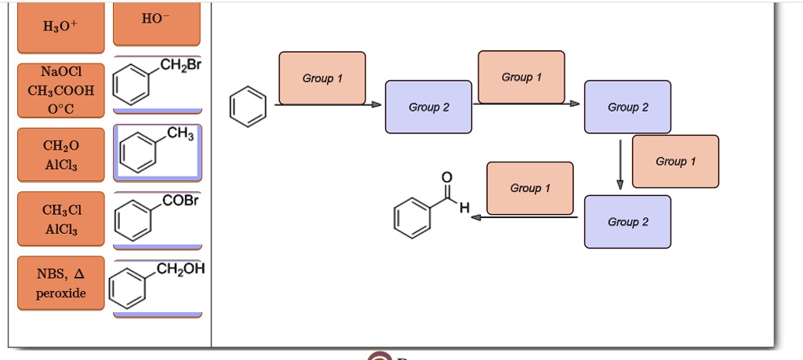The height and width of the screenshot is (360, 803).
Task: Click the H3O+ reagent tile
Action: tap(60, 29)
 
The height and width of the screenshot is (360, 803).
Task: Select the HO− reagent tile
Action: tap(157, 22)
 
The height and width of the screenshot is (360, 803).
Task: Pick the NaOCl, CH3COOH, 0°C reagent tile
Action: tap(60, 90)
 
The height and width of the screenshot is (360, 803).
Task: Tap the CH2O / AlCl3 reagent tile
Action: tap(60, 155)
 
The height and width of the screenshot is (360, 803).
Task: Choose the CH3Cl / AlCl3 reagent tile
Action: tap(60, 219)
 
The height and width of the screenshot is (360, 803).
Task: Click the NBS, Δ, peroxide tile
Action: tap(60, 283)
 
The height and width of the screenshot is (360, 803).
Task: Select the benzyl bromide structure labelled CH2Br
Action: tap(157, 82)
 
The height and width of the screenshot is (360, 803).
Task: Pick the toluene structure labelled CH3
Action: tap(157, 151)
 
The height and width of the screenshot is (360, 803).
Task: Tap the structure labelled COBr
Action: tap(157, 217)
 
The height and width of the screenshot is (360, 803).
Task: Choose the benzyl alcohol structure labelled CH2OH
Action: tap(157, 285)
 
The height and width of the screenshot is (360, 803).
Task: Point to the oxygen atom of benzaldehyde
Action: tap(446, 177)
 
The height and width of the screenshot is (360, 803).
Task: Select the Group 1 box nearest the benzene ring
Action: tap(322, 78)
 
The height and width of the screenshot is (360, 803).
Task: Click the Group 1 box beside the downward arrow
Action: tap(674, 162)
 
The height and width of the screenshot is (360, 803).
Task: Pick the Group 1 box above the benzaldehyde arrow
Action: tap(529, 188)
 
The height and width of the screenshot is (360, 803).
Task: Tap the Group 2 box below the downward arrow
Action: tap(627, 222)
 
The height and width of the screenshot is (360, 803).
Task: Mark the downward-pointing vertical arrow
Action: tap(620, 163)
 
